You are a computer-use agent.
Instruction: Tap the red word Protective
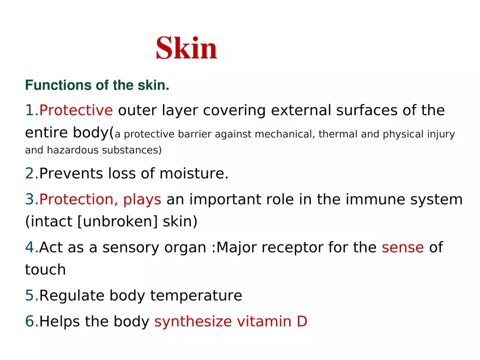tap(76, 111)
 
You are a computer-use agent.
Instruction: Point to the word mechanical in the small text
tap(281, 134)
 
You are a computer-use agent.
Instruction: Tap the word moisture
tap(194, 174)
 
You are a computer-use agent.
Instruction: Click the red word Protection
tap(77, 200)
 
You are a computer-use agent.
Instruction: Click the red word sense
tap(403, 248)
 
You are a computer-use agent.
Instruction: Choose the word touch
tap(45, 269)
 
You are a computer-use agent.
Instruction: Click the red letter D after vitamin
tap(302, 322)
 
